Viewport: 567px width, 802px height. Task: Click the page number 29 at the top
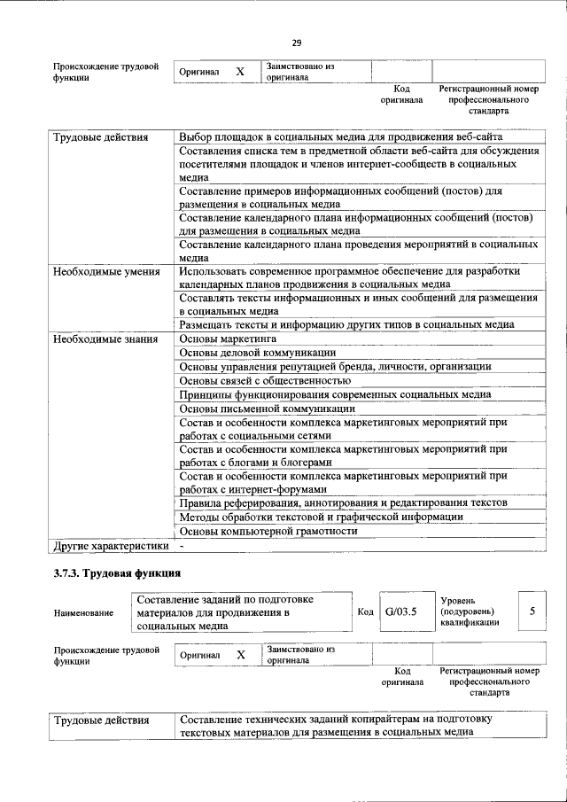point(296,43)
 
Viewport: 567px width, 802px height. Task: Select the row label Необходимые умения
point(106,271)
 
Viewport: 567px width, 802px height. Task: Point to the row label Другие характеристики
point(111,546)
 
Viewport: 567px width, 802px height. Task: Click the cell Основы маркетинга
point(228,339)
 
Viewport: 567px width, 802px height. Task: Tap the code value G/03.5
point(401,611)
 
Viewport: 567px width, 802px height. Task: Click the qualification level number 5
point(532,611)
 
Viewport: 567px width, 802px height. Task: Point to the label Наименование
point(83,612)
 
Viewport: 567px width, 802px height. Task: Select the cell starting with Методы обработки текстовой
point(321,517)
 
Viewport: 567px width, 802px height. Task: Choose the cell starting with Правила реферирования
point(343,503)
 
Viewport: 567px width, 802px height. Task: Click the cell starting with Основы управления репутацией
point(335,367)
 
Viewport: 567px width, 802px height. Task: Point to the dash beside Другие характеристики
point(182,546)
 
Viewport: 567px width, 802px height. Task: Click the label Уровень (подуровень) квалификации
point(468,611)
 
